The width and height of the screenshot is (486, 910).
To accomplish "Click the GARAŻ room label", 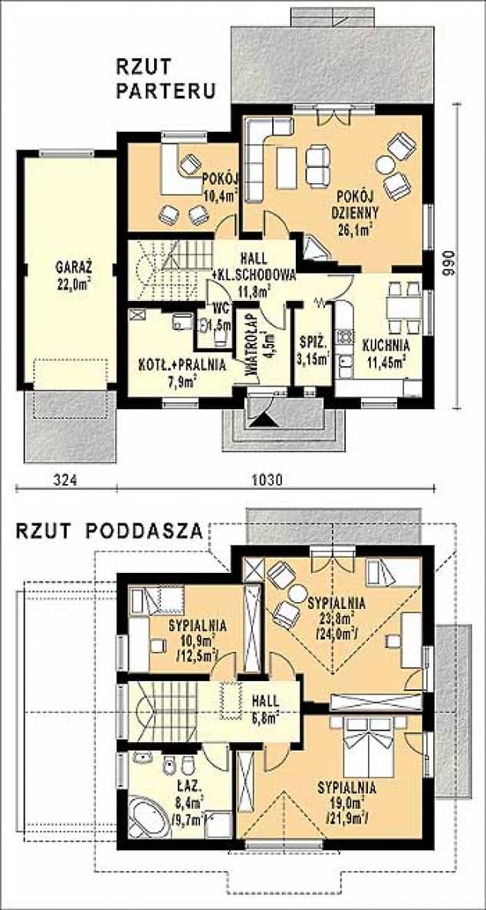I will [x=74, y=268].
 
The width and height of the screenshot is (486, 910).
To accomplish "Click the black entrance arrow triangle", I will [x=261, y=418].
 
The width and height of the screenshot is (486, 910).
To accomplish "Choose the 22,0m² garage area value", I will [x=74, y=283].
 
